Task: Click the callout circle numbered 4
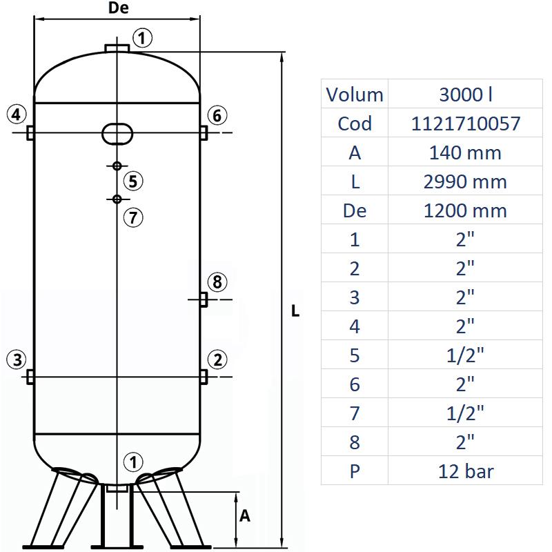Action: (x=17, y=114)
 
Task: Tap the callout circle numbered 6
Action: (x=217, y=115)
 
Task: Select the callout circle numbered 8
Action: (x=217, y=282)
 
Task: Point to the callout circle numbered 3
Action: (x=17, y=359)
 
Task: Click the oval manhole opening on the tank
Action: (x=117, y=133)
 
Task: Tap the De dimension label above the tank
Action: (x=119, y=8)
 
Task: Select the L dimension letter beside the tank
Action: (x=295, y=311)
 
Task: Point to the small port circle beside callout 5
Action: (x=117, y=166)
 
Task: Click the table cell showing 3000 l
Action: (x=466, y=94)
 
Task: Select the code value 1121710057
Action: (x=466, y=123)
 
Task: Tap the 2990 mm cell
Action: (x=466, y=181)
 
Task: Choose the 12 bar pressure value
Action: (x=466, y=471)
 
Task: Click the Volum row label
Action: (x=355, y=94)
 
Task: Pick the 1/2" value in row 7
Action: (x=466, y=413)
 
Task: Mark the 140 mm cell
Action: (x=466, y=152)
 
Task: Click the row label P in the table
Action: (x=355, y=471)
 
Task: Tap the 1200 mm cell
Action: (x=466, y=210)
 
